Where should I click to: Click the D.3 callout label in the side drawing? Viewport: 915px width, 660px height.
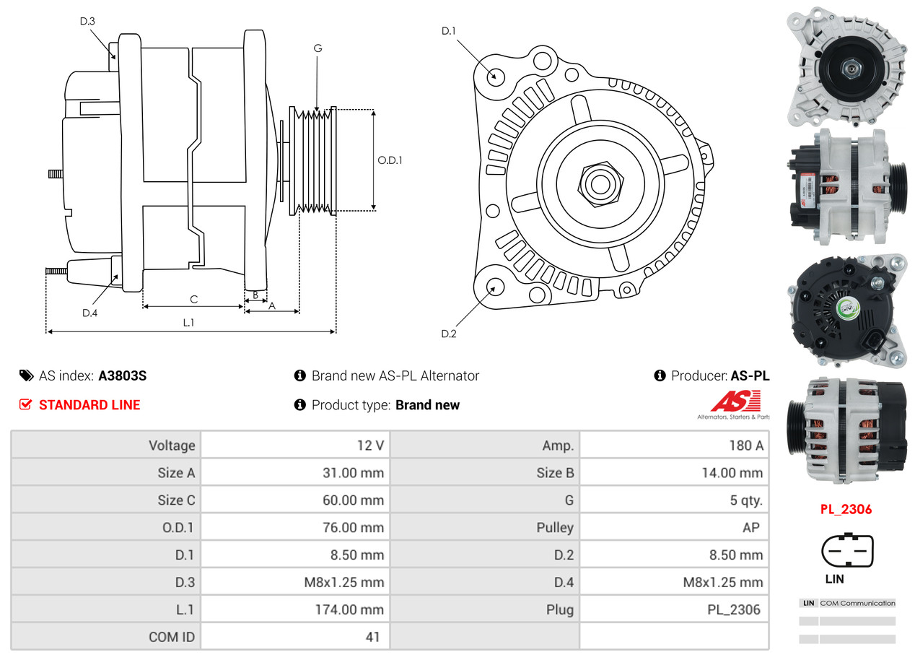pos(87,21)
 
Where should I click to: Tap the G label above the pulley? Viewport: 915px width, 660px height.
pos(318,48)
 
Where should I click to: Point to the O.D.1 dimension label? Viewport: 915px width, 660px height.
pos(390,160)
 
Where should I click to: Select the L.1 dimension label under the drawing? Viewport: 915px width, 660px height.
pos(188,323)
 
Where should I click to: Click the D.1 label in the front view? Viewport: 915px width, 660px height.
pos(448,31)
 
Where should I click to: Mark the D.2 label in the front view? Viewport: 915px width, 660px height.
pos(449,334)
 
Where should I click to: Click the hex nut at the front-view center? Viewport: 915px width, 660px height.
pos(600,184)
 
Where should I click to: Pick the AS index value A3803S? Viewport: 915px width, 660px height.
pos(123,375)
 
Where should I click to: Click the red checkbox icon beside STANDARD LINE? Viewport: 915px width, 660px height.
pos(25,404)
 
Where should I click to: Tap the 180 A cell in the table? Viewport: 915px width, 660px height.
pos(746,446)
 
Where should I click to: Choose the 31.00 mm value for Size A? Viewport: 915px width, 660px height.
pos(354,473)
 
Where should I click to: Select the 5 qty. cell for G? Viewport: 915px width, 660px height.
pos(746,500)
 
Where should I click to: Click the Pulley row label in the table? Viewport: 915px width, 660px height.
pos(555,528)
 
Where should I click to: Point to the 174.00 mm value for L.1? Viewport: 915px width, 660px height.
pos(350,609)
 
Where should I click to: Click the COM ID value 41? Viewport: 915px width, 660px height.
pos(372,637)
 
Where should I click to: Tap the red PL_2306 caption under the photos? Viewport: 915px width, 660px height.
pos(846,510)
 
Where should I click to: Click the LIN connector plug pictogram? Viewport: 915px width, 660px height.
pos(847,550)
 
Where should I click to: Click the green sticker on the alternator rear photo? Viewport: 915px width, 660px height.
pos(848,308)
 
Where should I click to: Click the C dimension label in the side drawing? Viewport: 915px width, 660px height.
pos(194,300)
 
